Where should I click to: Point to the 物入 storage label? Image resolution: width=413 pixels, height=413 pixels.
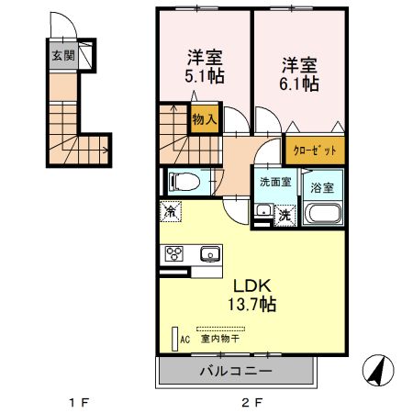205,118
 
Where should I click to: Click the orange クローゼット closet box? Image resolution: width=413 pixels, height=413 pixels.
315,149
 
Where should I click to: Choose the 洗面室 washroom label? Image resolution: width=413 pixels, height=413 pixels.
275,182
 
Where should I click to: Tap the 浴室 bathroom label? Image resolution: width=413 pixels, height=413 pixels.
323,186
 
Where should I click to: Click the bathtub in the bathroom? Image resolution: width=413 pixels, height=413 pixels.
323,216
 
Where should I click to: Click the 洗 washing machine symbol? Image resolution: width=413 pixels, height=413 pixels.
285,215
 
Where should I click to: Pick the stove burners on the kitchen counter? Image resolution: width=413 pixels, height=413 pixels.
174,254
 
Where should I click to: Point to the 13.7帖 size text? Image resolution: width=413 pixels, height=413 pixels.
250,303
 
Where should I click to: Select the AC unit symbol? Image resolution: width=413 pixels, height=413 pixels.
174,337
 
